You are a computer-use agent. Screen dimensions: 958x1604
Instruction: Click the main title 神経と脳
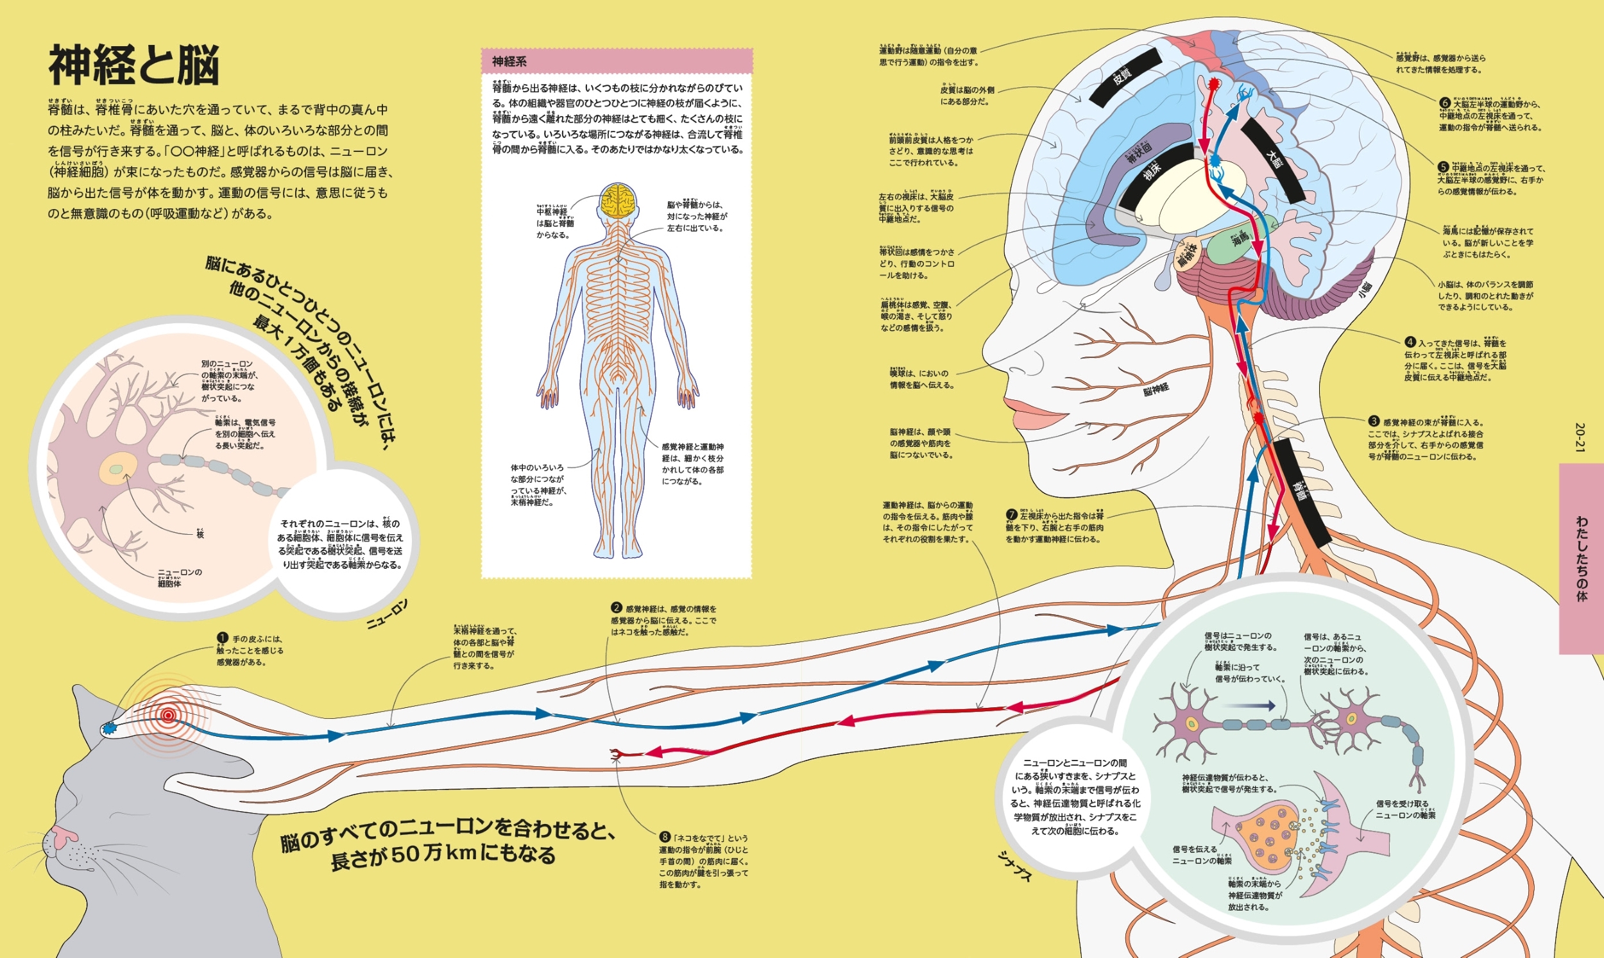(x=133, y=65)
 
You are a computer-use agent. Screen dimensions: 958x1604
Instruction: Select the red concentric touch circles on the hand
(x=168, y=714)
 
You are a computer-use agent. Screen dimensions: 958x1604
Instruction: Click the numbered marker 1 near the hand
(x=223, y=639)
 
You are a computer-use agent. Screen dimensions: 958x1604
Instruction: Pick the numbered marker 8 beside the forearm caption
(x=665, y=837)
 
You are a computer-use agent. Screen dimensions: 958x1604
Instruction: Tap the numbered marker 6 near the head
(x=1445, y=103)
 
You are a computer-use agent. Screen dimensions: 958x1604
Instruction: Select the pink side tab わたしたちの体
(x=1581, y=559)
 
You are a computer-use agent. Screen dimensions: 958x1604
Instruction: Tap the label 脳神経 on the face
(x=1156, y=389)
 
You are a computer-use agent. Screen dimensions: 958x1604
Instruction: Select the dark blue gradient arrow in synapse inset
(x=1249, y=706)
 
